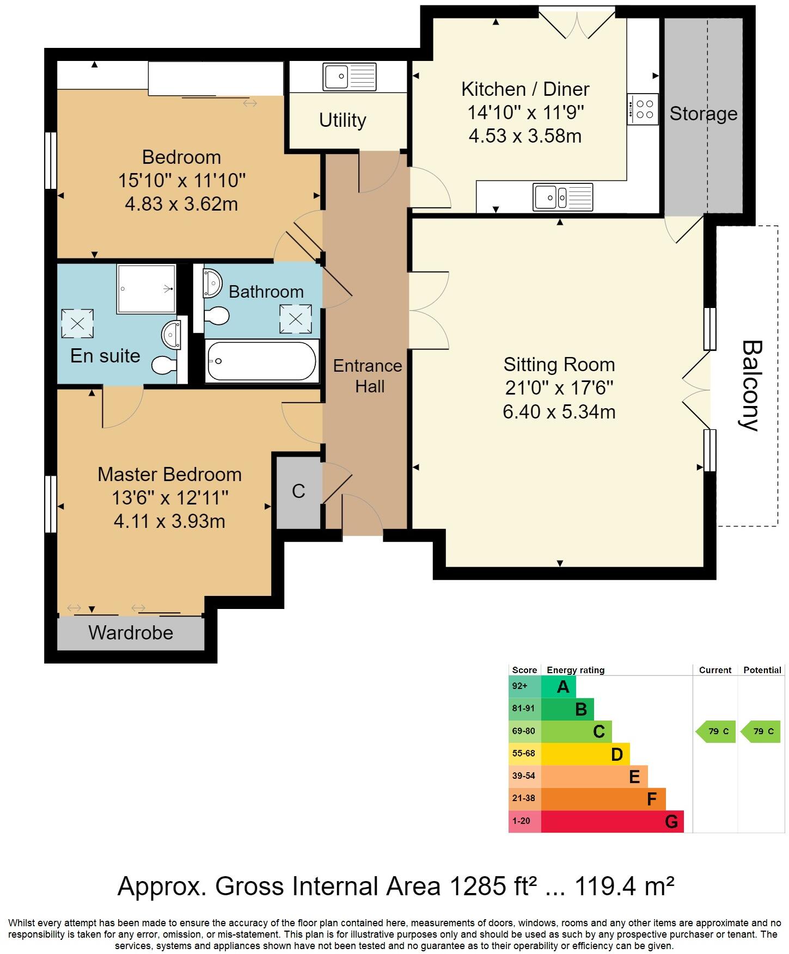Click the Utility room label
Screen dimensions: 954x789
pos(342,120)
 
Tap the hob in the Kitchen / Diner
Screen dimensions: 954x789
pos(643,109)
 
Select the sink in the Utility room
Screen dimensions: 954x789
pos(349,77)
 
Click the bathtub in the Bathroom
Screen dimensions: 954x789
pos(262,361)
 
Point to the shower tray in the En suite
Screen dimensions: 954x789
pos(146,289)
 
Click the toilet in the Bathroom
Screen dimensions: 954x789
pos(216,315)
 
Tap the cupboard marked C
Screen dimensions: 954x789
pos(298,491)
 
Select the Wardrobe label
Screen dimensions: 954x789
pos(131,632)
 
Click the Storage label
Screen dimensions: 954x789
pos(703,114)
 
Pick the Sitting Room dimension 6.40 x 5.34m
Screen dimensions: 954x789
pos(559,411)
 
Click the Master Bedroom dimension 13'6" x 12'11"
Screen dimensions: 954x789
pos(169,497)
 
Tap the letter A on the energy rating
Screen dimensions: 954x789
pos(563,687)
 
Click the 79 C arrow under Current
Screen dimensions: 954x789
pos(717,731)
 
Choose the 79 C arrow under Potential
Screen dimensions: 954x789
pos(762,731)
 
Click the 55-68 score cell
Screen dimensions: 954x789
pos(524,754)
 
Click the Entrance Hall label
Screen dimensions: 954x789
pos(368,376)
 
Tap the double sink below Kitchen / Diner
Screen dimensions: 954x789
pos(562,197)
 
